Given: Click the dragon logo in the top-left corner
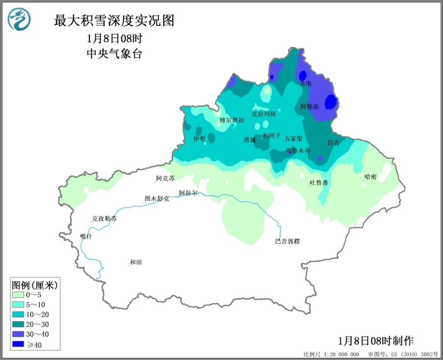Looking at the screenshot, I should pyautogui.click(x=19, y=20).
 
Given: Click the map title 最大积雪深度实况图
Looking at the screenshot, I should pyautogui.click(x=114, y=21).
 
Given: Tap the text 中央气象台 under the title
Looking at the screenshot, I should pyautogui.click(x=114, y=54).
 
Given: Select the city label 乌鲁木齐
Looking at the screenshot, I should pyautogui.click(x=298, y=151).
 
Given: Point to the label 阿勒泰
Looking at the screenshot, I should pyautogui.click(x=309, y=107).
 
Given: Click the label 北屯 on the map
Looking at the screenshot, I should pyautogui.click(x=306, y=83).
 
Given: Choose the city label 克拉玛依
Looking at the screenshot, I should pyautogui.click(x=264, y=114).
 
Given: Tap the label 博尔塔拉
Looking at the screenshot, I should pyautogui.click(x=232, y=120).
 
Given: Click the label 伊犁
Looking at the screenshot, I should pyautogui.click(x=199, y=139).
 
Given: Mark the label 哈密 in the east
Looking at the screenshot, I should pyautogui.click(x=370, y=177).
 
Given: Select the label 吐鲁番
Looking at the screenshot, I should pyautogui.click(x=319, y=183).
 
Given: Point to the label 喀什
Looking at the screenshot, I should pyautogui.click(x=87, y=236).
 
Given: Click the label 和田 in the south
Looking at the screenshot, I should pyautogui.click(x=136, y=262).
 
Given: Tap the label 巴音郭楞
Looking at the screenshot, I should pyautogui.click(x=287, y=241).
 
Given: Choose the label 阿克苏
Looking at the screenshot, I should pyautogui.click(x=165, y=179).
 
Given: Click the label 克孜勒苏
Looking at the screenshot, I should pyautogui.click(x=104, y=219).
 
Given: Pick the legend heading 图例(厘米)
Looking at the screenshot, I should pyautogui.click(x=35, y=284).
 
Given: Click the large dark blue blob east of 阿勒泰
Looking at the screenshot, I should pyautogui.click(x=331, y=102).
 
